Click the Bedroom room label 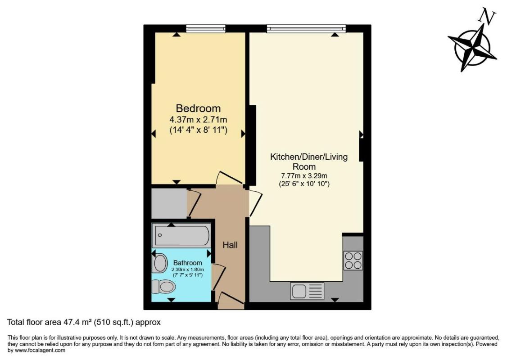tap(198, 108)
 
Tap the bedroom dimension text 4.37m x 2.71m tap(198, 120)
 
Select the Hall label tap(230, 245)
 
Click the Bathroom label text tap(188, 263)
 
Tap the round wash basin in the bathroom tap(160, 263)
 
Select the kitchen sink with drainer tap(307, 291)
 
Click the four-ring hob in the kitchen tap(353, 260)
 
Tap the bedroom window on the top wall tap(205, 29)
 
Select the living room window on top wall tap(306, 29)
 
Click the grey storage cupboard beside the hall tap(169, 203)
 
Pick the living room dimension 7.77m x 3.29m tap(304, 175)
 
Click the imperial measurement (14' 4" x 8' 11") tap(198, 130)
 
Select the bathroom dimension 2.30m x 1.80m tap(188, 269)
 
